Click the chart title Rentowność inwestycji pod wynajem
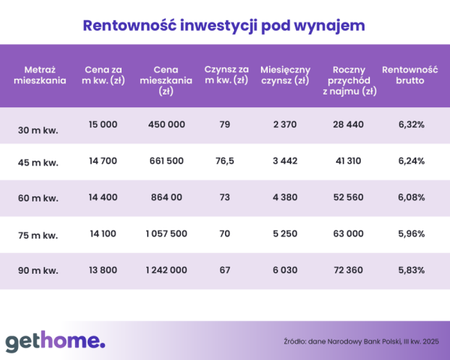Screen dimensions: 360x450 (x=224, y=25)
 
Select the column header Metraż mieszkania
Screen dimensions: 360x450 (x=40, y=75)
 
